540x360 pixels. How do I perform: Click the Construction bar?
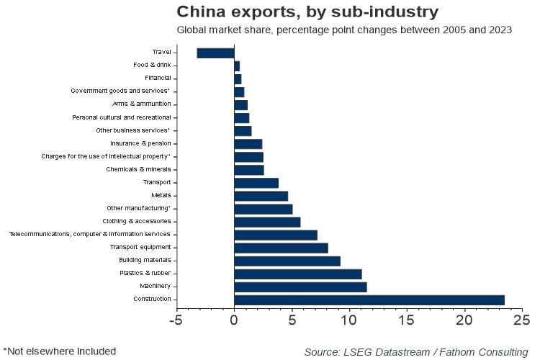[369, 300]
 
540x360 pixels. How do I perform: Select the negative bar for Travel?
[215, 53]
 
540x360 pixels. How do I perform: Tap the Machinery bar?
[300, 287]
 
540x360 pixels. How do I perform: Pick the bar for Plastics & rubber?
[297, 274]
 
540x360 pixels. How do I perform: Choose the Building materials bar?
[287, 261]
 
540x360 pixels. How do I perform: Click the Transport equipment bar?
[281, 248]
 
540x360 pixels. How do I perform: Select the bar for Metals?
[261, 196]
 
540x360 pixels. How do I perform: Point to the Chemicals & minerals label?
[138, 169]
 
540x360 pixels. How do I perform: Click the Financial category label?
[157, 78]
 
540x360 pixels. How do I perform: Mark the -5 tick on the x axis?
[176, 318]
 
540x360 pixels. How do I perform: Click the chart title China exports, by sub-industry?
[307, 12]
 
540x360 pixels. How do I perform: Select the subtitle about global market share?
[344, 30]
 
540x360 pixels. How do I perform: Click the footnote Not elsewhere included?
[59, 351]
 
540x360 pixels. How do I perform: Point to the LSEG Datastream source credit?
[415, 351]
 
